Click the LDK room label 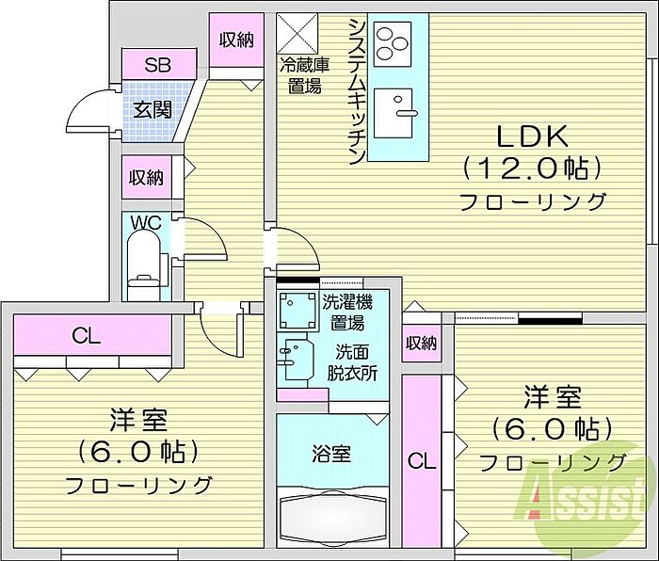[532, 136]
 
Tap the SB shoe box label [157, 65]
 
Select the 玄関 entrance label [153, 110]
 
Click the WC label [146, 223]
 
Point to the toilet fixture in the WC [144, 265]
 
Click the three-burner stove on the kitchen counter [393, 44]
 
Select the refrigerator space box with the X [297, 34]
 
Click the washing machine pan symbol [297, 311]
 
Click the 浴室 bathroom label [331, 455]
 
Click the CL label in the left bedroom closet [87, 336]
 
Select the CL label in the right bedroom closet [422, 461]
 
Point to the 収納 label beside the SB [236, 40]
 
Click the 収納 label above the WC [146, 177]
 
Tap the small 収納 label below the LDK [421, 344]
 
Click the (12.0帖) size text [532, 169]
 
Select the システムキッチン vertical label [357, 92]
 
